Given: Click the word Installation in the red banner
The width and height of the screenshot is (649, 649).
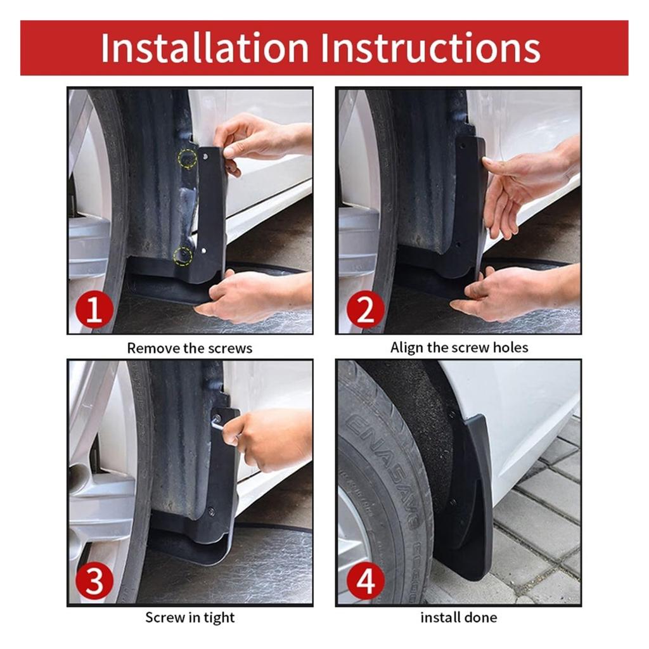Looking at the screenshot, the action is pyautogui.click(x=205, y=48).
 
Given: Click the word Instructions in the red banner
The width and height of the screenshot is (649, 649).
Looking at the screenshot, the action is pyautogui.click(x=430, y=48).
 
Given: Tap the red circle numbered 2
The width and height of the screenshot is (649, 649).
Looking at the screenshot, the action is pyautogui.click(x=365, y=309).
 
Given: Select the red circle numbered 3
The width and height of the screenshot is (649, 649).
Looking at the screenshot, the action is pyautogui.click(x=94, y=581).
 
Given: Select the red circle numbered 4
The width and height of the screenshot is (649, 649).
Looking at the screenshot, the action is pyautogui.click(x=365, y=581).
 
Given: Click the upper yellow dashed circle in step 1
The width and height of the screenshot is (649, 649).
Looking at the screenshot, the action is pyautogui.click(x=188, y=158).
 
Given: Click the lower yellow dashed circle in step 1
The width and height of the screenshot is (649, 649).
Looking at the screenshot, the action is pyautogui.click(x=183, y=256).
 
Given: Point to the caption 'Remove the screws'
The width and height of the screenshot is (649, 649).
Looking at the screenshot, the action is pyautogui.click(x=190, y=348).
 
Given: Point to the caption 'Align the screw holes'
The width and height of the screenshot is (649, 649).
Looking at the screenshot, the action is pyautogui.click(x=459, y=347).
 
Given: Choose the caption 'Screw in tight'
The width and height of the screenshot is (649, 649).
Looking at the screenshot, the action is pyautogui.click(x=190, y=617).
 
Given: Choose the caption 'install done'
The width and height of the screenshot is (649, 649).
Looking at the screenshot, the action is pyautogui.click(x=459, y=617).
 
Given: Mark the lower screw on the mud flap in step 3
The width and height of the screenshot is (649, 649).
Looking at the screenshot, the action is pyautogui.click(x=212, y=511).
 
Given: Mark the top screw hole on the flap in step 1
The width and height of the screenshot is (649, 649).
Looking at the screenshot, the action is pyautogui.click(x=205, y=156).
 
